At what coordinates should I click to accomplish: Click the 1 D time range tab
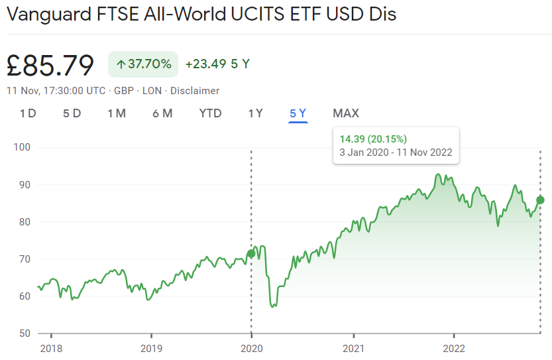pos(28,113)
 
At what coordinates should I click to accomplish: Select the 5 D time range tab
pos(72,113)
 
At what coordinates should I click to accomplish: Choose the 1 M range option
pos(117,113)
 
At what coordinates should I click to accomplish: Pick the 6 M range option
pos(162,113)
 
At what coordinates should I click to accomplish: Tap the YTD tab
pos(210,113)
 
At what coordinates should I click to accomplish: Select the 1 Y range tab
pos(256,113)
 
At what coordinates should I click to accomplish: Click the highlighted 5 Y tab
pos(298,113)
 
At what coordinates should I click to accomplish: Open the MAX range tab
pos(346,113)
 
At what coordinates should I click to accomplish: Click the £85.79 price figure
pos(50,65)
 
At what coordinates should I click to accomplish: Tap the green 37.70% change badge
pos(143,64)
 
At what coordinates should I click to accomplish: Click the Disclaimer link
pos(196,91)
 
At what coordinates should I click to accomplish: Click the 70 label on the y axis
pos(25,259)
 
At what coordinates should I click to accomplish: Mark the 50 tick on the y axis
pos(25,333)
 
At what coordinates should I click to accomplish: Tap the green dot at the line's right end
pos(540,200)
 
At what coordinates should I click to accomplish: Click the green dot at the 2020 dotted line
pos(251,253)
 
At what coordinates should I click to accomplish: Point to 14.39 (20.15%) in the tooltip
pos(373,139)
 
